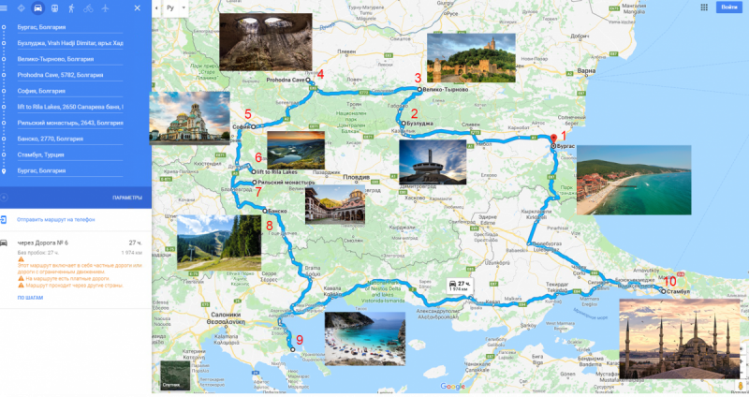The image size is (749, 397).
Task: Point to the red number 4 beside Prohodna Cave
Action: click(320, 74)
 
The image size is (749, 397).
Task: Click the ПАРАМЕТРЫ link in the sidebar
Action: click(126, 198)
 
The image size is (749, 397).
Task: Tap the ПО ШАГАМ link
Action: click(29, 297)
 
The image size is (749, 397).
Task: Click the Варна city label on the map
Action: click(586, 71)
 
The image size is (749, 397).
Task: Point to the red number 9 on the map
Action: click(300, 340)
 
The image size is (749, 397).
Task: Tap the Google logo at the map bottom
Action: click(452, 387)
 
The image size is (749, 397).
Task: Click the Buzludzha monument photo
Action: click(432, 163)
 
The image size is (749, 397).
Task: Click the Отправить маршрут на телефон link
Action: click(56, 219)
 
